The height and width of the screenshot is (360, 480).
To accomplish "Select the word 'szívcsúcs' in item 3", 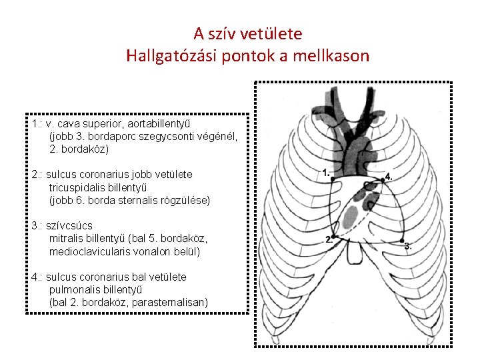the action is click(x=69, y=226).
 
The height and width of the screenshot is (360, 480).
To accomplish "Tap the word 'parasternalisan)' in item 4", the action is click(x=170, y=303).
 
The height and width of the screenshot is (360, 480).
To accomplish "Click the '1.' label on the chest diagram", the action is click(x=326, y=173).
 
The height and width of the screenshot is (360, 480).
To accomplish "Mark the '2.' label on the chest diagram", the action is click(x=329, y=239).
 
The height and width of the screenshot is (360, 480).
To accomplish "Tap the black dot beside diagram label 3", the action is click(x=402, y=239).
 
